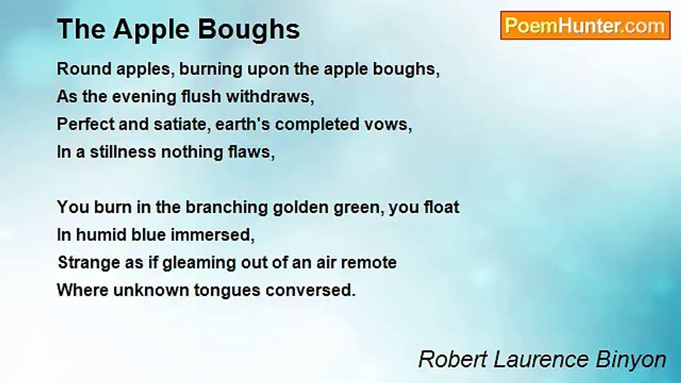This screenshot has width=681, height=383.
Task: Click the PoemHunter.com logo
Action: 585,26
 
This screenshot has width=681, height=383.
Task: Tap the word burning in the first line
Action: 209,69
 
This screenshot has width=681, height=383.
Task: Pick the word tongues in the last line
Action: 231,290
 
